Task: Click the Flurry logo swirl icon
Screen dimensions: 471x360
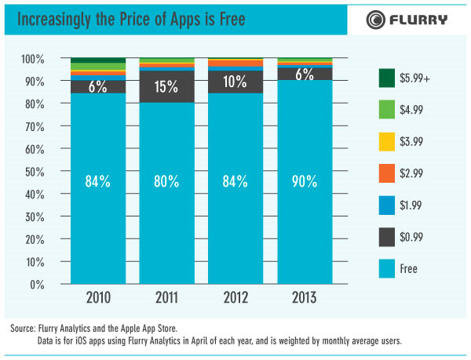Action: (x=375, y=20)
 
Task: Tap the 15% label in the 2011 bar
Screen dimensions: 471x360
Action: (x=166, y=87)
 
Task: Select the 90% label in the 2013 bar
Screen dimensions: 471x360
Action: (x=305, y=181)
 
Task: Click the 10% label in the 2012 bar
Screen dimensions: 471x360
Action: (x=235, y=82)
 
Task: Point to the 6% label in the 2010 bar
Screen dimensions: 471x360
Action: (x=97, y=87)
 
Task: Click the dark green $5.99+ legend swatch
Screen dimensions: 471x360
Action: (x=387, y=78)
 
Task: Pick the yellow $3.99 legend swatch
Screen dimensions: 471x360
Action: (x=387, y=142)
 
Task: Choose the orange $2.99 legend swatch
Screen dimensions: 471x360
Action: (x=387, y=173)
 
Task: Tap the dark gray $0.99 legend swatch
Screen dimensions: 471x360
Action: (x=387, y=237)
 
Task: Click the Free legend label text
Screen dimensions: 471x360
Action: (x=408, y=268)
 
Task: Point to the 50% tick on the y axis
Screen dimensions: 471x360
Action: (x=35, y=172)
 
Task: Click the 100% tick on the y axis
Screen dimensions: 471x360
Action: (x=33, y=59)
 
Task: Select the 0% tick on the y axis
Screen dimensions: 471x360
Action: (x=37, y=285)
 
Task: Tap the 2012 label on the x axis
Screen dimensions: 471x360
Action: (x=235, y=297)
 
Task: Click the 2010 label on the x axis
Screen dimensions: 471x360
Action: (x=98, y=297)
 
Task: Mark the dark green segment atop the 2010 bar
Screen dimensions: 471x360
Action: (x=98, y=60)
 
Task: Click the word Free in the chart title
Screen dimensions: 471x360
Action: (x=232, y=19)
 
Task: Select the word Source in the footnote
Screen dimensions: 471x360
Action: (x=22, y=328)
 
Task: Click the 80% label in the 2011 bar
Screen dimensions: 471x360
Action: (x=166, y=181)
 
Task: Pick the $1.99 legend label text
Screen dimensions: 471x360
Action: (x=411, y=205)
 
